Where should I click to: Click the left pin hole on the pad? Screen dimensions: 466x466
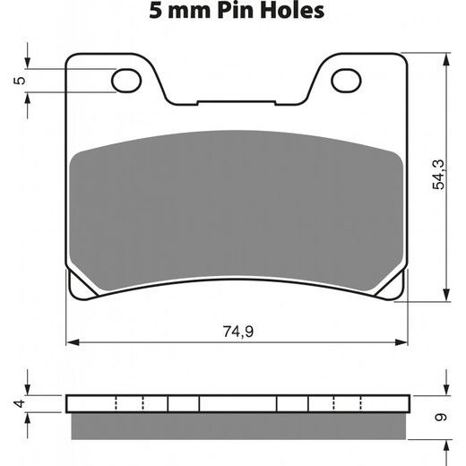point(126,81)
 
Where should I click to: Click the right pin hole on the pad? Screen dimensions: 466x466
point(346,81)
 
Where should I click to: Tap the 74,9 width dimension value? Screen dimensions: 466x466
point(238,332)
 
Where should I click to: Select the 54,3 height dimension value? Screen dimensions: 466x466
point(438,175)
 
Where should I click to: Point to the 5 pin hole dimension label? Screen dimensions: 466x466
point(20,81)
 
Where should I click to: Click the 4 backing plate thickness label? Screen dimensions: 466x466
point(20,403)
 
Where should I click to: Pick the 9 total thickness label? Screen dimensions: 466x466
point(441,417)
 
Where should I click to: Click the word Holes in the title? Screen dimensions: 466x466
point(292,11)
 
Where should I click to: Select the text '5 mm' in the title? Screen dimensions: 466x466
point(179,11)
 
